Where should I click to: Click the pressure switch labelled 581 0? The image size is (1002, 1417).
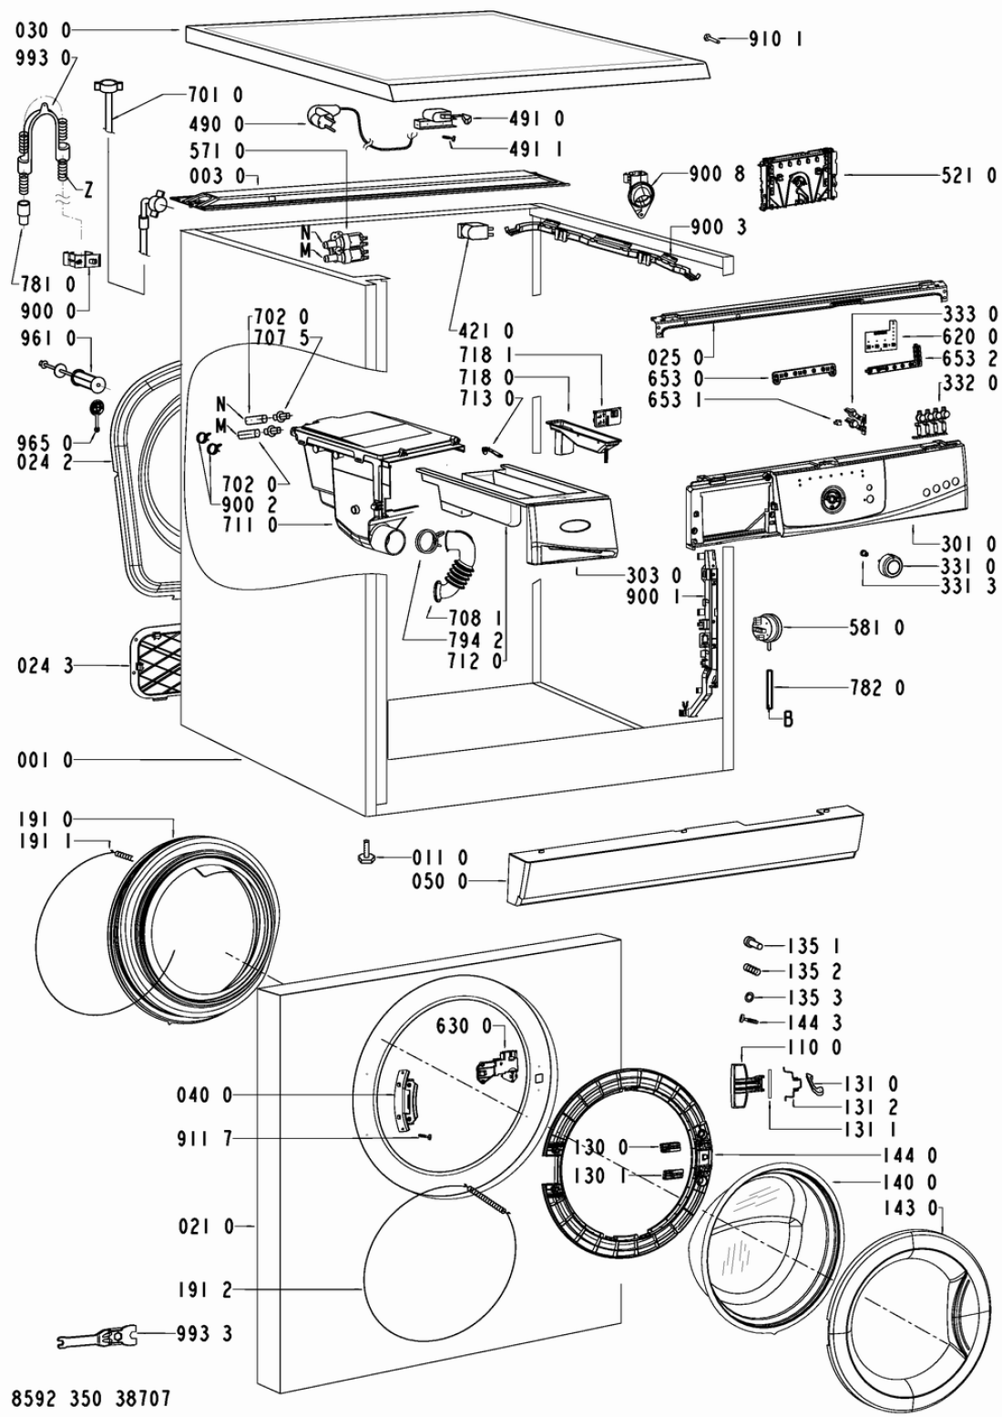766,629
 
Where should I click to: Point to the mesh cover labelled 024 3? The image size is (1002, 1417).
154,664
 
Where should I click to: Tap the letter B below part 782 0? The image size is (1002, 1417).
788,719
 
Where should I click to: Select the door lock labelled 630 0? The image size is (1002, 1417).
496,1068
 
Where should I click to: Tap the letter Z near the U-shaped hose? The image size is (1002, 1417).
87,190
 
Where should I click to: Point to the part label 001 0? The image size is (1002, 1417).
46,760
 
